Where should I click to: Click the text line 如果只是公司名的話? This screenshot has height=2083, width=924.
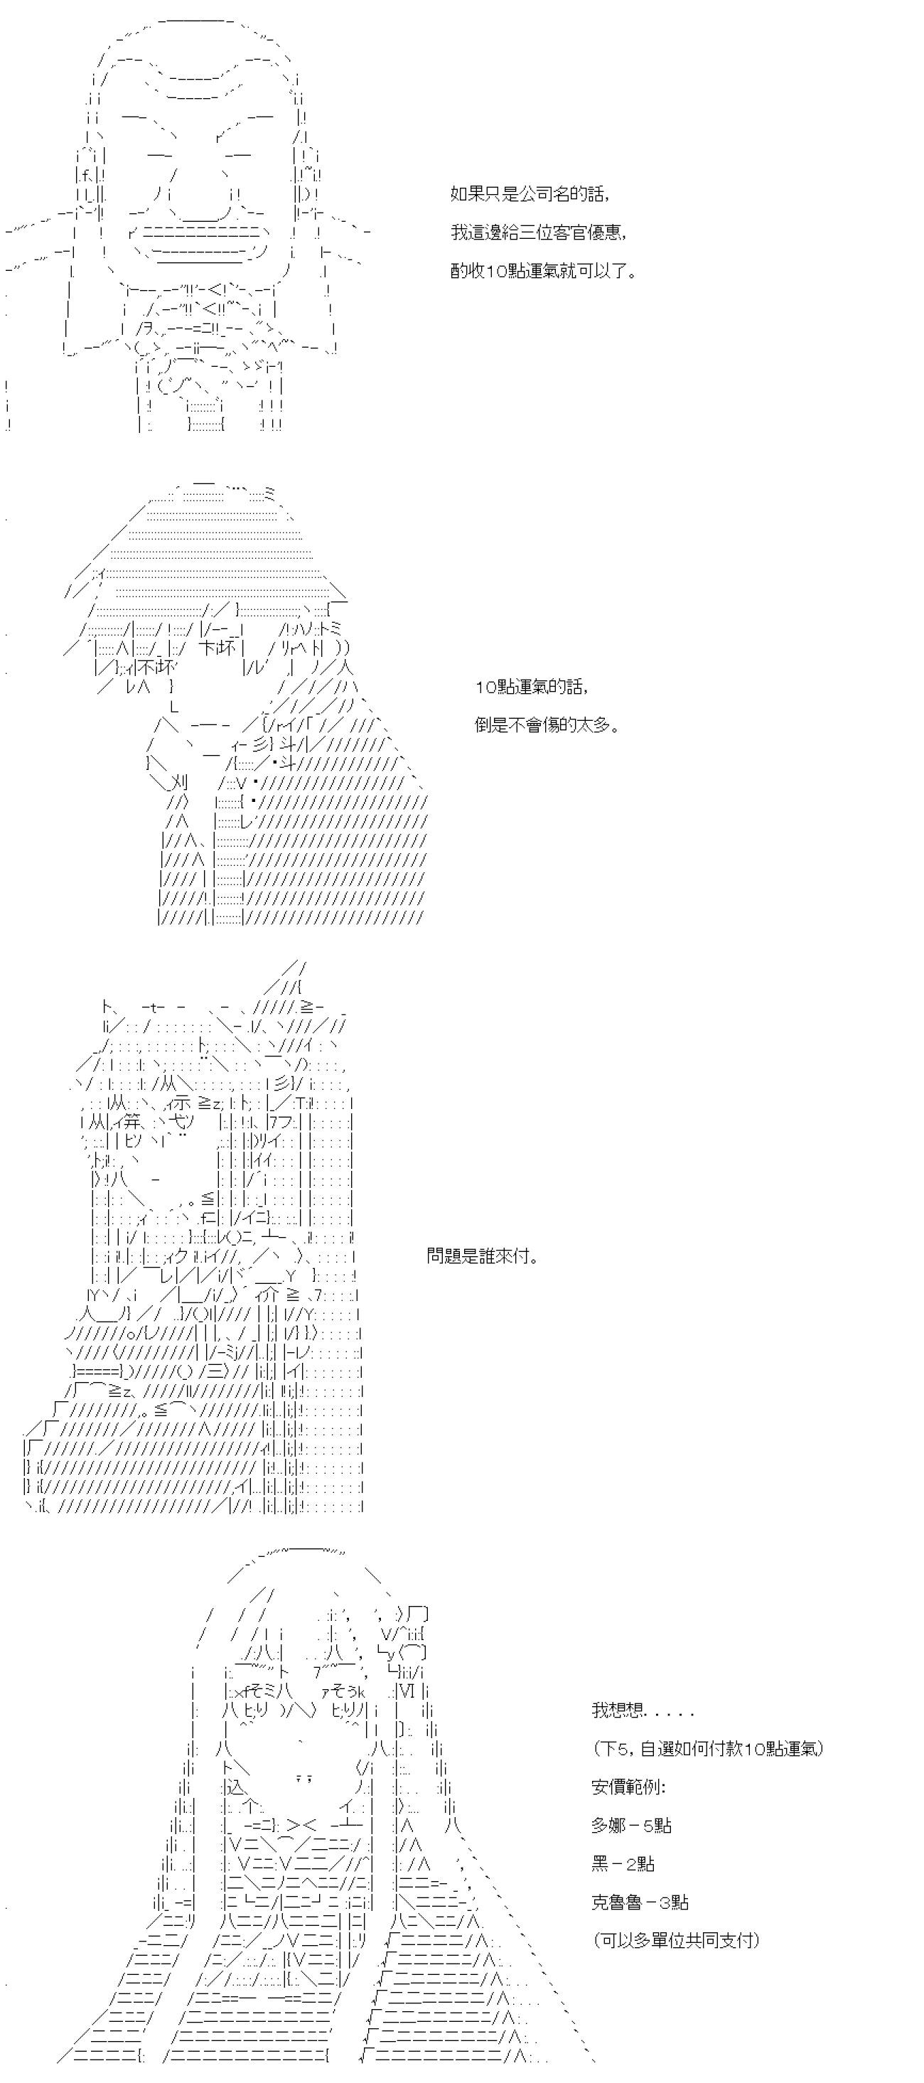530,194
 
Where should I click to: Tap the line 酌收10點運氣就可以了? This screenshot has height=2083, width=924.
543,271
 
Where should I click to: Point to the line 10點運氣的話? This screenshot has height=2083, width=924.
531,687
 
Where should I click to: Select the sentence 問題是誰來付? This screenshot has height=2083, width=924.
483,1255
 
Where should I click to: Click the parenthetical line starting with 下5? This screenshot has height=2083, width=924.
707,1748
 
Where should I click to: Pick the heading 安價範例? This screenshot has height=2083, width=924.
628,1787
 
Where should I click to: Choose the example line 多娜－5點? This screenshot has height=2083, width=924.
631,1825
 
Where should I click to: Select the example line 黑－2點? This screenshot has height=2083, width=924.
623,1864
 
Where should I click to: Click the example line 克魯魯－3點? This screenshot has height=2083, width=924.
640,1902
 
